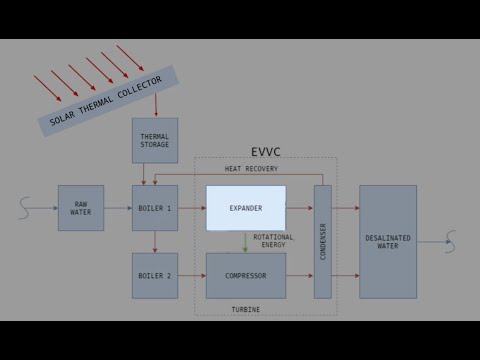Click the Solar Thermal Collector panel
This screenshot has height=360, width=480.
coord(108,101)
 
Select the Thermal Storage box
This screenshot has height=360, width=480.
coord(155,140)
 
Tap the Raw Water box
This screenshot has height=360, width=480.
coord(81,208)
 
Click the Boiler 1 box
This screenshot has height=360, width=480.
coord(155,208)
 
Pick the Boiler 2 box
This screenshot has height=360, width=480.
coord(155,275)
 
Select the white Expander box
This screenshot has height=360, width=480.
coord(246,208)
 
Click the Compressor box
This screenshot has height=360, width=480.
coord(246,275)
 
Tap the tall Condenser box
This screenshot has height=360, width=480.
coord(323,242)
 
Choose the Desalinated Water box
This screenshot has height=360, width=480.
coord(388,242)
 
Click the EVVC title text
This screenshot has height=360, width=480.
coord(266,152)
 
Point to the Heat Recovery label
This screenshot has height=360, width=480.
coord(251,169)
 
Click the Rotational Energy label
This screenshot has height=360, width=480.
coord(274,241)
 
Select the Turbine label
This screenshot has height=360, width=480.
coord(246,310)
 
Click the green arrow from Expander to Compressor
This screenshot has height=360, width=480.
coord(246,242)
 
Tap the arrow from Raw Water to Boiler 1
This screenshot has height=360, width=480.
coord(118,208)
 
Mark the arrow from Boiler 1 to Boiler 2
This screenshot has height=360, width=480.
coord(155,242)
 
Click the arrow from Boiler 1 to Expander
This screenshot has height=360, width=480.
coord(192,208)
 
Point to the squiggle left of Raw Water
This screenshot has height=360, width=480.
coord(26,208)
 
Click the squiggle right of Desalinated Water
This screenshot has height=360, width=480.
coord(450,241)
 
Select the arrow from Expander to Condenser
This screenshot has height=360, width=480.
coord(300,208)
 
